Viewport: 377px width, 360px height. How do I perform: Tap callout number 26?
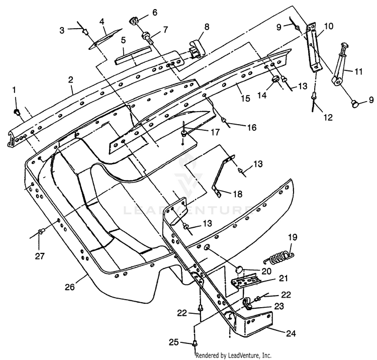click(x=70, y=287)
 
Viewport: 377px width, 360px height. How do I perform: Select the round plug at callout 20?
click(x=239, y=269)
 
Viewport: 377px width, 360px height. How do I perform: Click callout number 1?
click(x=15, y=90)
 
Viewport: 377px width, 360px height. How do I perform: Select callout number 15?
click(x=245, y=99)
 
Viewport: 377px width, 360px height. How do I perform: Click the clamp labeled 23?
click(x=247, y=304)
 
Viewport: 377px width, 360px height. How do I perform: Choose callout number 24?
click(x=291, y=333)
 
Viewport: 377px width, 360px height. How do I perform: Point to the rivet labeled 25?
click(x=195, y=344)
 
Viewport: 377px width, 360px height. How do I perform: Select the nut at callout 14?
click(x=275, y=79)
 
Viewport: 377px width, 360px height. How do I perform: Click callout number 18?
click(x=238, y=194)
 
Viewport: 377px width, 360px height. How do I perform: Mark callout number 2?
click(x=70, y=80)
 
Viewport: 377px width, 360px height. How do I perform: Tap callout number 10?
click(x=329, y=26)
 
